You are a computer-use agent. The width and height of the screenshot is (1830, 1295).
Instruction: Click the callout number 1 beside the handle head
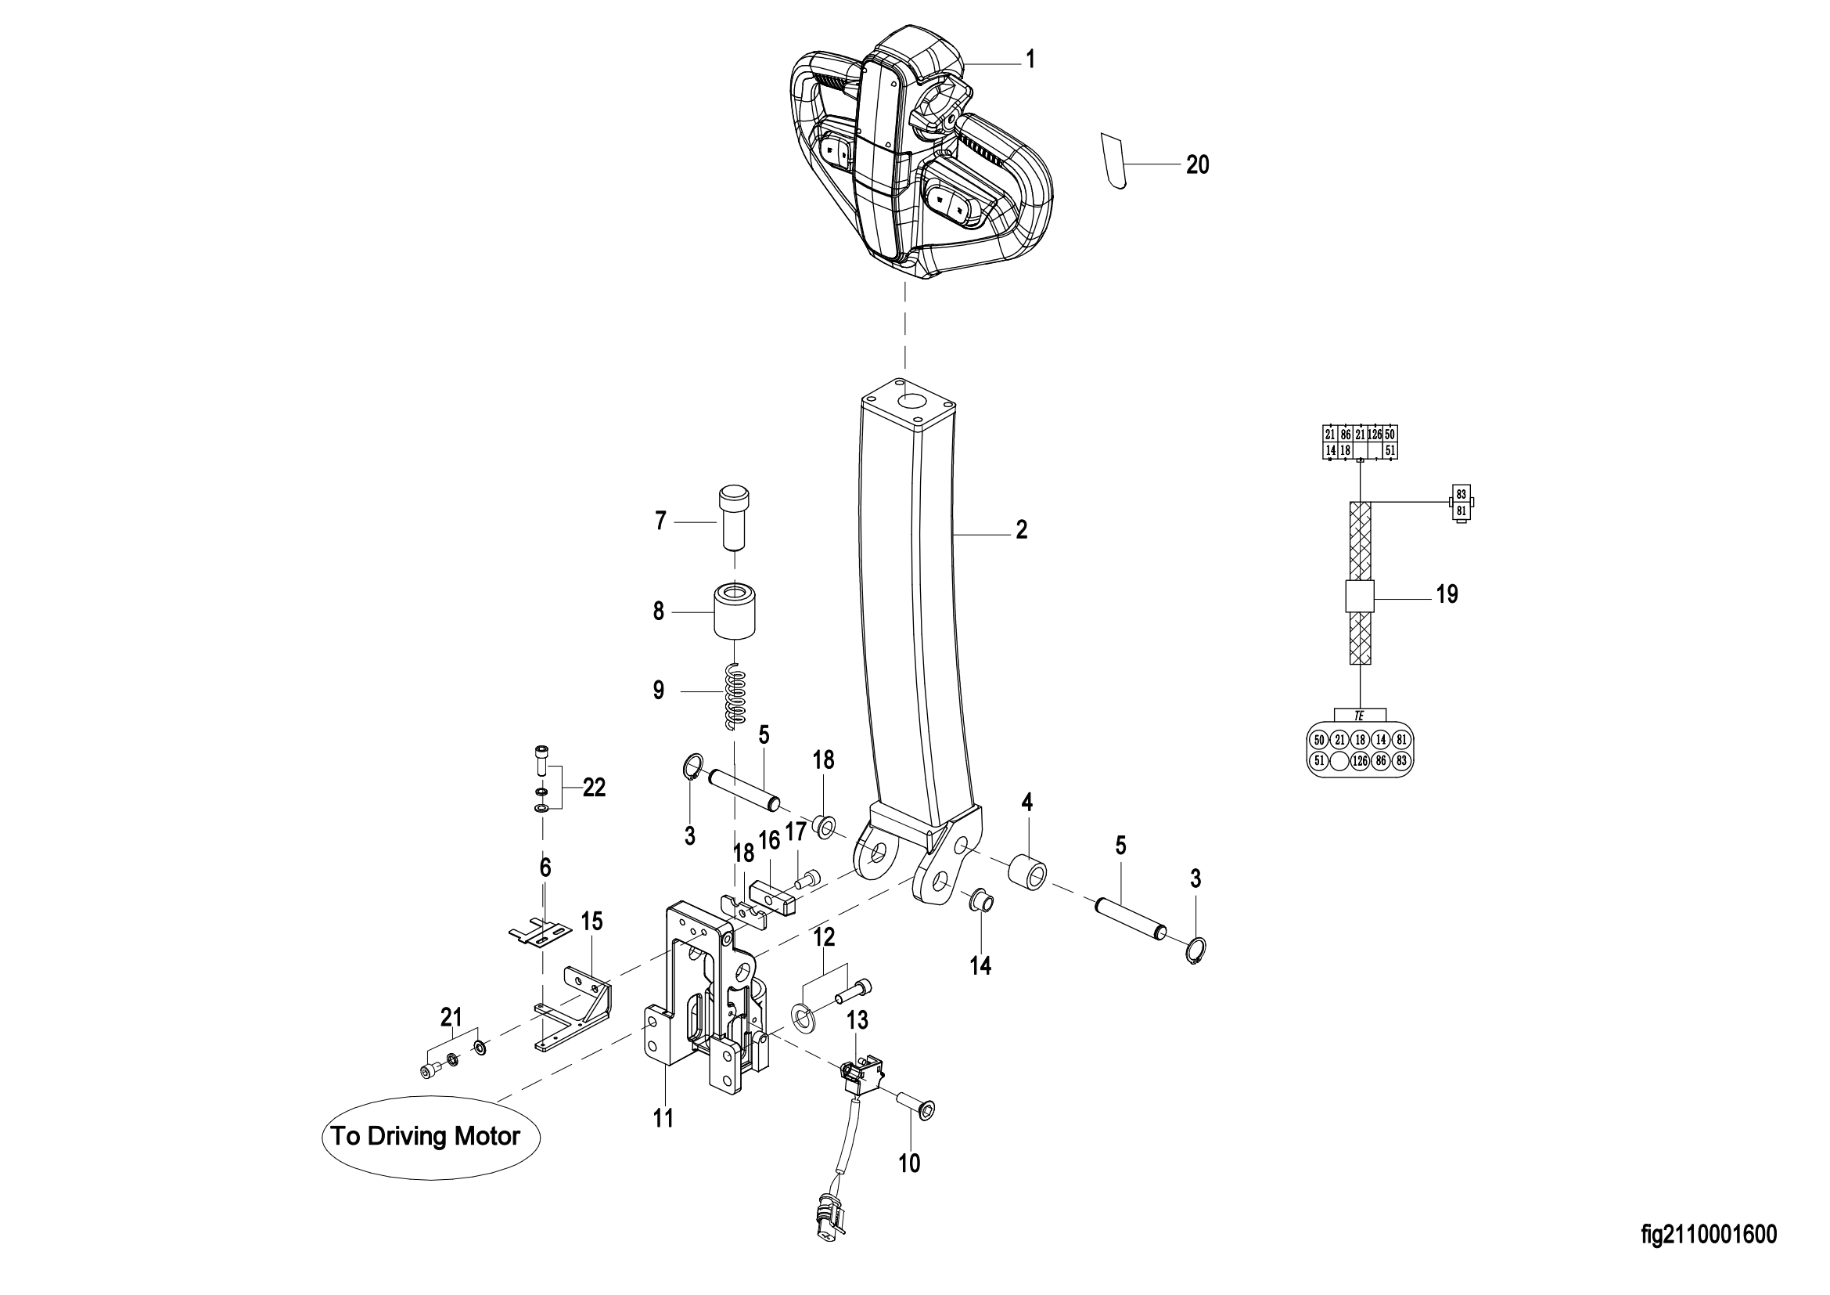pyautogui.click(x=1030, y=59)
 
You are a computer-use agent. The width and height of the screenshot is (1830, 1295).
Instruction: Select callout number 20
pyautogui.click(x=1197, y=164)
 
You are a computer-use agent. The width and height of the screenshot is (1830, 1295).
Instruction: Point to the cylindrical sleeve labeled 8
pyautogui.click(x=734, y=611)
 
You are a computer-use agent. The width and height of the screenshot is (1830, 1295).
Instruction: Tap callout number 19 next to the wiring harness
pyautogui.click(x=1447, y=594)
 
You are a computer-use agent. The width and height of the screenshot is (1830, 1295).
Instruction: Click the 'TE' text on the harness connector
pyautogui.click(x=1359, y=716)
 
